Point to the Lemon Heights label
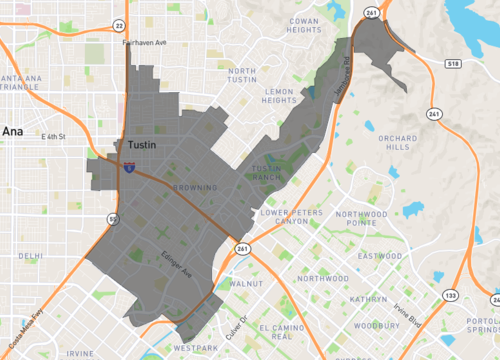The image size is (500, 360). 280,95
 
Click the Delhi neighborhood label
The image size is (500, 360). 30,256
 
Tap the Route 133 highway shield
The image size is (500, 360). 452,295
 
